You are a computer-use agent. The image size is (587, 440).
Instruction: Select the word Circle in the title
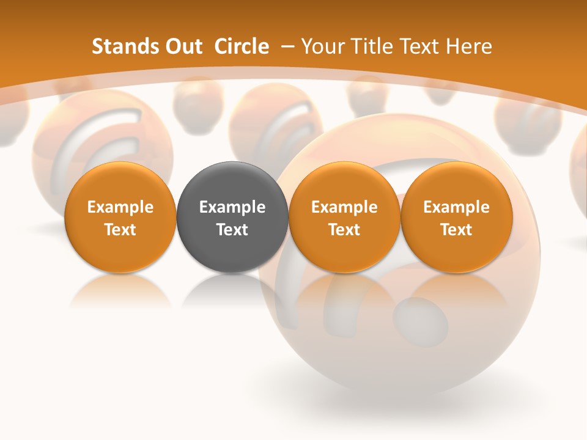coord(242,46)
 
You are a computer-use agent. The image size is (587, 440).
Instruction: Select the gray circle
coord(232,217)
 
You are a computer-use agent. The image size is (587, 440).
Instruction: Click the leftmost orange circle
coord(120,217)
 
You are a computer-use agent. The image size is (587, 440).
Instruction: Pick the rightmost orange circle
coord(457,217)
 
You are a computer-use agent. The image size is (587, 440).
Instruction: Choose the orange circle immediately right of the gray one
coord(344,217)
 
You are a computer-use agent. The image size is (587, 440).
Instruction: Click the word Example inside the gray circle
coord(232,207)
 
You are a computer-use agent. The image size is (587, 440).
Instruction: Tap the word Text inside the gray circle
coord(232,230)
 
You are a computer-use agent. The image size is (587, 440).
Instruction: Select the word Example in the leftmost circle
coord(120,207)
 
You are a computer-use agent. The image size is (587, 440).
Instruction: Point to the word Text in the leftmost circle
coord(120,230)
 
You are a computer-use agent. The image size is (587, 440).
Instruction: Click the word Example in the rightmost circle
coord(457,207)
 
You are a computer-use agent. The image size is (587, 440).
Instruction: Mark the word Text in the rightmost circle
coord(457,230)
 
